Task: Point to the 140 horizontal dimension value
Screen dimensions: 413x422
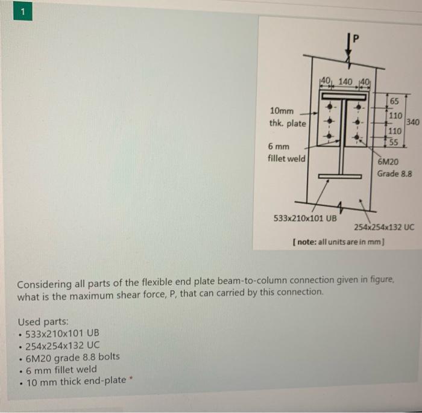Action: click(345, 81)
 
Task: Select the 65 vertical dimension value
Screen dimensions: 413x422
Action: click(395, 101)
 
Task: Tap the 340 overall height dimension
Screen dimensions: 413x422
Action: click(413, 122)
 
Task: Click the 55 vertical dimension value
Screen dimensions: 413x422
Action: click(393, 143)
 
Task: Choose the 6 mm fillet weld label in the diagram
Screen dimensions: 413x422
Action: click(286, 152)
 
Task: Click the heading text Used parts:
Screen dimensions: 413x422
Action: click(43, 322)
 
